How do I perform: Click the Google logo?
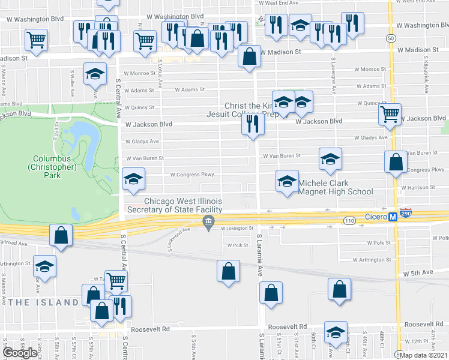[x=20, y=353]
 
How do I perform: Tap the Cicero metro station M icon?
[x=393, y=217]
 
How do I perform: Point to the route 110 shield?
[x=349, y=221]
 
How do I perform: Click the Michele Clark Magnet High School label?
[x=336, y=187]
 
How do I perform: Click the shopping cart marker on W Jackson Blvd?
[x=390, y=113]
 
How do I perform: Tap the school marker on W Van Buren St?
[x=330, y=158]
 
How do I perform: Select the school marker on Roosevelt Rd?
[x=336, y=331]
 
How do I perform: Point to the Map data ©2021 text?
[x=423, y=355]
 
